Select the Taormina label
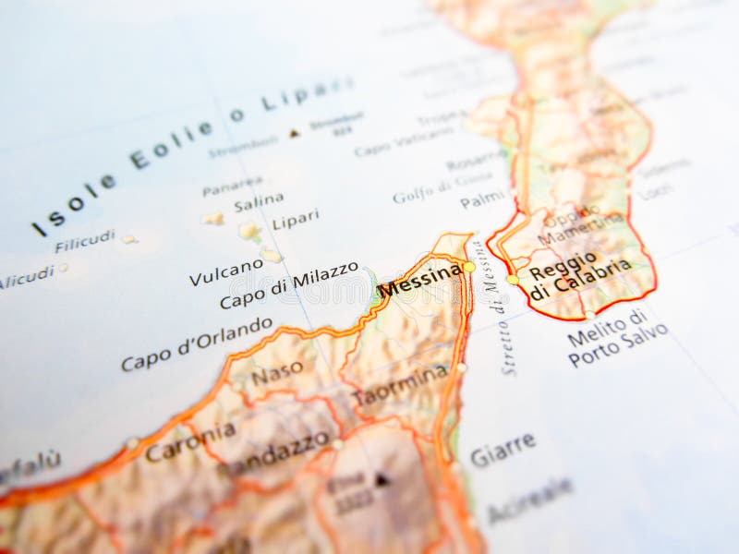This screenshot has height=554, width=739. [399, 386]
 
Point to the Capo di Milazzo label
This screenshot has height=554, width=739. [288, 285]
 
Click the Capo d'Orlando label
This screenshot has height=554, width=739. [197, 343]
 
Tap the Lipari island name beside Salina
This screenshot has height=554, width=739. [296, 219]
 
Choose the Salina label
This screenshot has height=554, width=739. [259, 202]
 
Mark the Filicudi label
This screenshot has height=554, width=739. [85, 242]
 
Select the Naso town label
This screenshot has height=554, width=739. [277, 373]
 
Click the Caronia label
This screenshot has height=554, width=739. [190, 441]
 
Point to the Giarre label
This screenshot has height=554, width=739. [503, 449]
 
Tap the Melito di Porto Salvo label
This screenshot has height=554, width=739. [613, 338]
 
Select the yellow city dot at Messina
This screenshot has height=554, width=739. [469, 267]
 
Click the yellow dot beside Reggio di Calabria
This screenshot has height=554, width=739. [513, 279]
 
